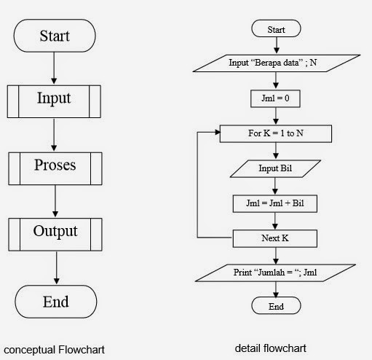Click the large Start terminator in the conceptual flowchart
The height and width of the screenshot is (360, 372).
click(55, 34)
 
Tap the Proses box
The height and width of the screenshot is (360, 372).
click(55, 165)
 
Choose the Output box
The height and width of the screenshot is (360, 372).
click(55, 232)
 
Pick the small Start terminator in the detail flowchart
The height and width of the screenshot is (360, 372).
click(276, 30)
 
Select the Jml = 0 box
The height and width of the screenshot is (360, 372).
click(276, 96)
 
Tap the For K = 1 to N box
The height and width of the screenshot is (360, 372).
click(276, 134)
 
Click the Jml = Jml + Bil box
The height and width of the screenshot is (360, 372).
click(276, 203)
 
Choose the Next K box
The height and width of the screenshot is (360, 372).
click(276, 238)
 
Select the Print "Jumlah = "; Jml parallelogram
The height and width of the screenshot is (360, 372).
click(276, 273)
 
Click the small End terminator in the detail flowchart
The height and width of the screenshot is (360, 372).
click(276, 306)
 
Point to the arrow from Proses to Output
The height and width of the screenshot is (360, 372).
click(55, 200)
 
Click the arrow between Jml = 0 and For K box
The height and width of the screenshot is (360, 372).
click(276, 115)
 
